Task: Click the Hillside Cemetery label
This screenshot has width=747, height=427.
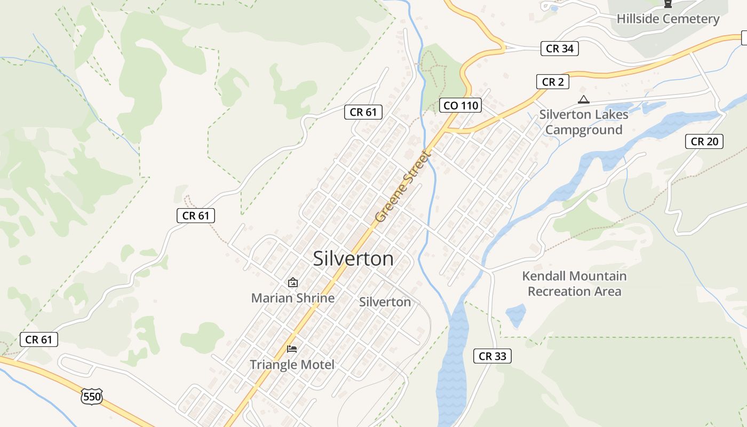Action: click(x=667, y=19)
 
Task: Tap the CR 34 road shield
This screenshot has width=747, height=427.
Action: click(x=559, y=49)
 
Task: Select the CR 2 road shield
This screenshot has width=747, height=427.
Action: click(x=552, y=82)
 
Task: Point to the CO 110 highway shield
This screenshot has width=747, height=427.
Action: click(x=461, y=105)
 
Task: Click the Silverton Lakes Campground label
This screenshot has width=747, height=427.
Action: click(x=584, y=122)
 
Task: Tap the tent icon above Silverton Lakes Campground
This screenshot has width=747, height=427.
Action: click(x=584, y=99)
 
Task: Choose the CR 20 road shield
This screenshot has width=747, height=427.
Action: click(x=704, y=141)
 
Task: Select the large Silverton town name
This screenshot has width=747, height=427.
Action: click(x=353, y=259)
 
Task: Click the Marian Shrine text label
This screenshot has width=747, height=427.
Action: click(x=293, y=298)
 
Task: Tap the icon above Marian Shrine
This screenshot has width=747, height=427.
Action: click(x=292, y=282)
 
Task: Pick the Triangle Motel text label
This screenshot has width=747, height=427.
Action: click(x=292, y=365)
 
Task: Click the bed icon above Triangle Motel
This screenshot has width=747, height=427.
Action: click(x=292, y=349)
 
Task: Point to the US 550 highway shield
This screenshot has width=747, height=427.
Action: click(x=91, y=396)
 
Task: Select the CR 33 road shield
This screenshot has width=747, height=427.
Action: click(x=492, y=356)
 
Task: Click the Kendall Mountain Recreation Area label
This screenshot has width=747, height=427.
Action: click(x=574, y=283)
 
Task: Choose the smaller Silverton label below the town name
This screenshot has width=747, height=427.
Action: click(x=385, y=302)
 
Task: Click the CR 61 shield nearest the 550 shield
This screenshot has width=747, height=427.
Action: click(x=39, y=339)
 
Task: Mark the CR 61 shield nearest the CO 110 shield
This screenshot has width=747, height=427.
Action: click(x=363, y=112)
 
